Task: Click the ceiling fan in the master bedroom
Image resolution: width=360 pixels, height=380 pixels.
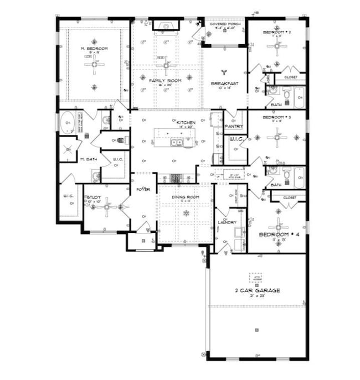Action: pyautogui.click(x=94, y=65)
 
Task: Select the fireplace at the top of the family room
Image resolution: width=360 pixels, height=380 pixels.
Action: pyautogui.click(x=164, y=25)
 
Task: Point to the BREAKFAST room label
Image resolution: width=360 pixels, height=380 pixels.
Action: pyautogui.click(x=224, y=83)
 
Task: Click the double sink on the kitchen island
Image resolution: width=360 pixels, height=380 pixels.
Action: pyautogui.click(x=177, y=143)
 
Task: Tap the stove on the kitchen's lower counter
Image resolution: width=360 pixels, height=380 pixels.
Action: pyautogui.click(x=176, y=178)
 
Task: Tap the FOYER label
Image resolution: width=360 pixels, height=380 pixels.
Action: pyautogui.click(x=143, y=190)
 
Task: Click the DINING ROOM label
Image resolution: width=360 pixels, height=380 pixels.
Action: pyautogui.click(x=186, y=197)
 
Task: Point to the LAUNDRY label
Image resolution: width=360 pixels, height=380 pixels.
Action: pyautogui.click(x=228, y=223)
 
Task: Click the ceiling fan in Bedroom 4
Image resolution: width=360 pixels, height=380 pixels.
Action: pyautogui.click(x=277, y=225)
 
